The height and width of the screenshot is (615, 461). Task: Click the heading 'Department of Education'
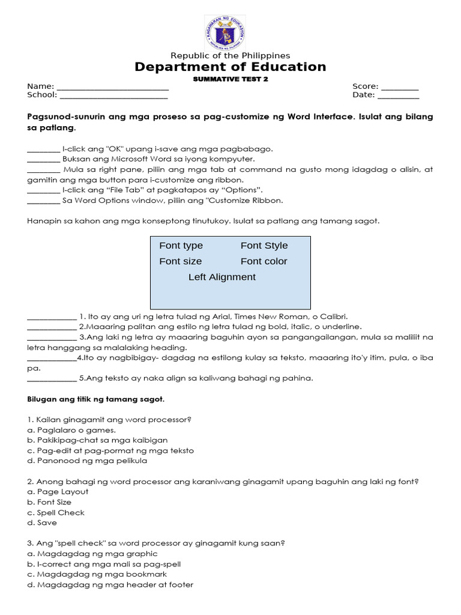(x=230, y=67)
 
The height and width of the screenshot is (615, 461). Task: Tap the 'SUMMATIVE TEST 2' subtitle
(x=230, y=79)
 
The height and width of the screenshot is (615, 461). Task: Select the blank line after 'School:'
(x=113, y=95)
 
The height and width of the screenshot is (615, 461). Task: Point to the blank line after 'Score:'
(x=400, y=86)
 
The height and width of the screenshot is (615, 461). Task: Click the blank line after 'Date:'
(x=398, y=95)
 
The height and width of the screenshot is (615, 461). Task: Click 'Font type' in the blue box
(x=181, y=246)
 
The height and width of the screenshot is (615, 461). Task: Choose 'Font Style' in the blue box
(x=264, y=246)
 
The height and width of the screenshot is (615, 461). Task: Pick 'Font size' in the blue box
(x=180, y=261)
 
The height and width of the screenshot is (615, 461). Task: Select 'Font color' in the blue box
(x=264, y=261)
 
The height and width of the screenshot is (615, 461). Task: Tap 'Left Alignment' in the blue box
(x=221, y=277)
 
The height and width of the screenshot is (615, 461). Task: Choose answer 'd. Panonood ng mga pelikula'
(x=87, y=461)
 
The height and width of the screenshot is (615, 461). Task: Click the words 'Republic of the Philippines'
(x=230, y=55)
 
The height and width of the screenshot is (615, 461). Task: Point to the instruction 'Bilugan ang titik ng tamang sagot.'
(x=95, y=399)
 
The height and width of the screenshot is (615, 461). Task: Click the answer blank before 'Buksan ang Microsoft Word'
(x=43, y=159)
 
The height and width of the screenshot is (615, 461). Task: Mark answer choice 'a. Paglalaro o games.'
(x=71, y=430)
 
